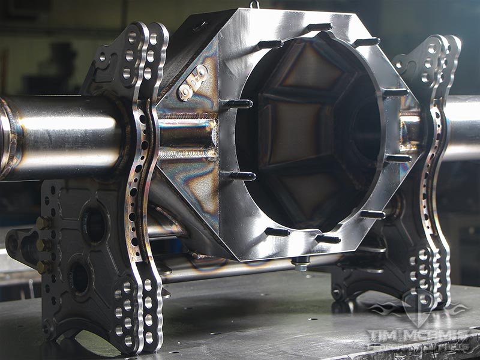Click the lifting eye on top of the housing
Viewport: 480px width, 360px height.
pyautogui.click(x=255, y=4)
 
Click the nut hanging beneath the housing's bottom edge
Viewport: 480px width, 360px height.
pyautogui.click(x=301, y=264)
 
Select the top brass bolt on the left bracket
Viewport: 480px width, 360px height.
pyautogui.click(x=42, y=223)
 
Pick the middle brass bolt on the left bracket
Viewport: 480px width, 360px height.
pyautogui.click(x=42, y=245)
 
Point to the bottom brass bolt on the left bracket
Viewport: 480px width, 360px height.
pyautogui.click(x=42, y=266)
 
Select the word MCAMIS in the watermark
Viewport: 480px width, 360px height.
pyautogui.click(x=434, y=334)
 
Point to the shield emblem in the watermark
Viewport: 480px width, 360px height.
pyautogui.click(x=418, y=306)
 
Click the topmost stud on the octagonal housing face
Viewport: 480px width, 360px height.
pyautogui.click(x=318, y=27)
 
